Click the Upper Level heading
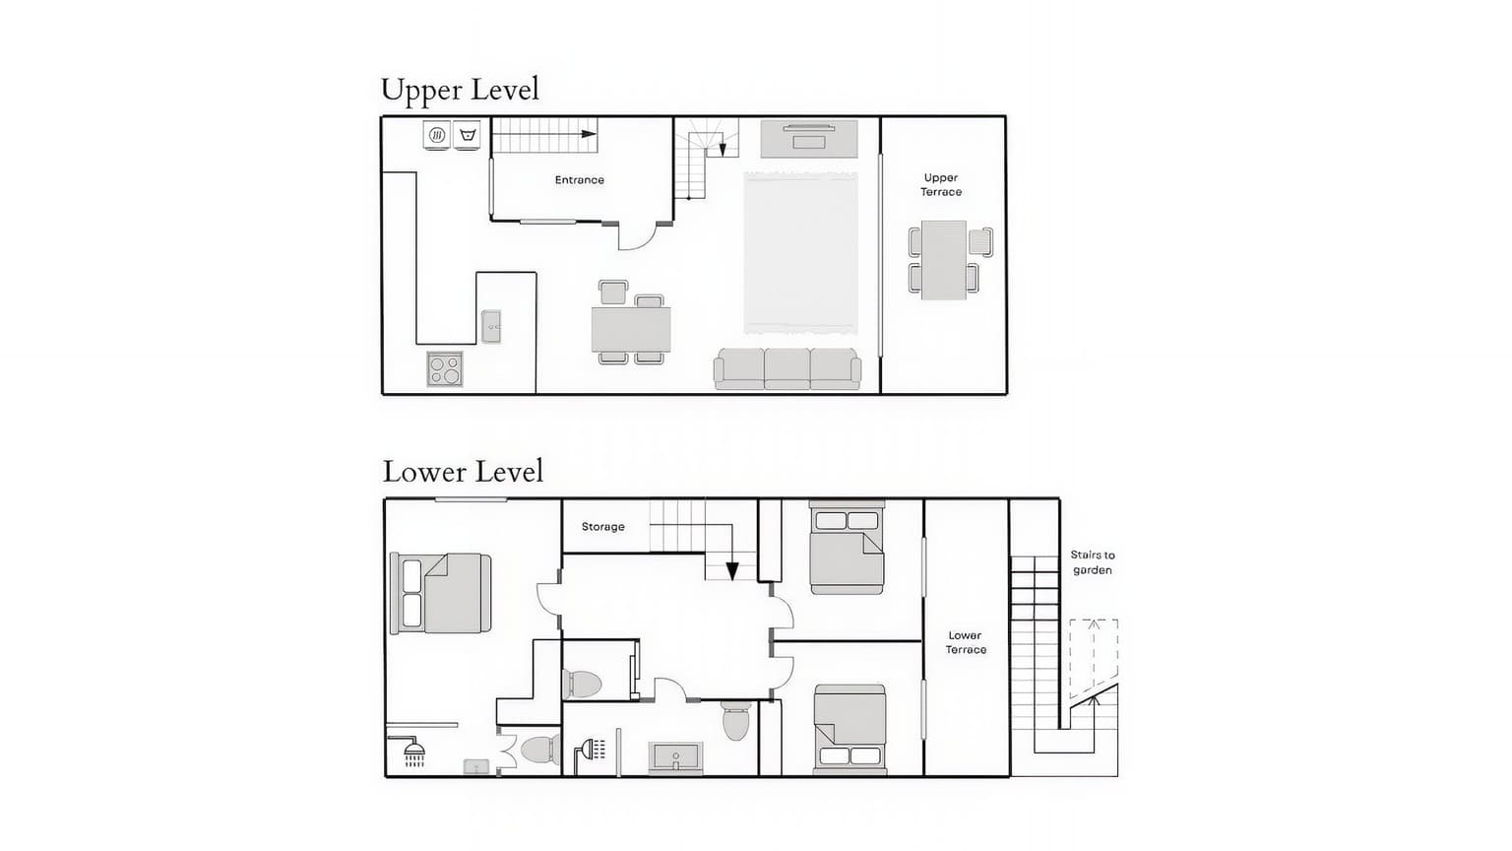coord(461,91)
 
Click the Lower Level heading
coord(463,472)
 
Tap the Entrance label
coord(579,179)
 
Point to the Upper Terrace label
coord(941,184)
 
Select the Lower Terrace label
coord(966,642)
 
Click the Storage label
coord(602,526)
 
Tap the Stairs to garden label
coord(1092,562)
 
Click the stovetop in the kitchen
coord(445,368)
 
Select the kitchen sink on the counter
coord(491,327)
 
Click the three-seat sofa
coord(787,368)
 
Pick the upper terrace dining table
coord(944,260)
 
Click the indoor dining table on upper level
coord(631,330)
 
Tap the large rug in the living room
coord(800,252)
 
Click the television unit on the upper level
coord(809,139)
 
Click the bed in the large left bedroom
coord(440,593)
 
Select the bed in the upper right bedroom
coord(847,548)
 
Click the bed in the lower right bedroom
coord(850,730)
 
